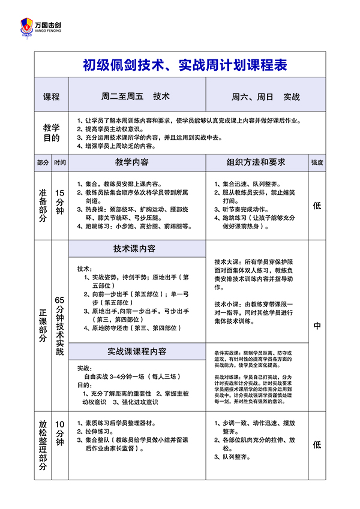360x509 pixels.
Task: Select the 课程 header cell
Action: [x=52, y=96]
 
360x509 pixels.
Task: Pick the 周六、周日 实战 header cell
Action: [x=265, y=96]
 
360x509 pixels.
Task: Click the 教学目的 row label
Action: [x=52, y=132]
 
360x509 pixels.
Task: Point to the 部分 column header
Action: [x=43, y=162]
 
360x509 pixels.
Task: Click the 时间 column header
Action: [x=60, y=162]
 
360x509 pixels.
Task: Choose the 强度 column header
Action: [x=317, y=162]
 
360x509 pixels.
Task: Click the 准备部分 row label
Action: [x=43, y=206]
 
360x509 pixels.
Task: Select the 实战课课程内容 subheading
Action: [x=137, y=351]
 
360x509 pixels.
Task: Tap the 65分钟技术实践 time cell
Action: [x=60, y=326]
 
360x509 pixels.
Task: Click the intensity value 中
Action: [x=317, y=326]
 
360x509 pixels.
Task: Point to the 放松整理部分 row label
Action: [x=43, y=445]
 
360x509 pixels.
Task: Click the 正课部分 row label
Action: [x=43, y=326]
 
